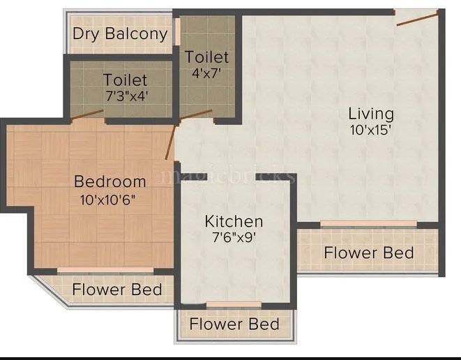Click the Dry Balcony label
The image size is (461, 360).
(120, 34)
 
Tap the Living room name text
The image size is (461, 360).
(371, 113)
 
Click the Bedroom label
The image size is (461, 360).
(110, 182)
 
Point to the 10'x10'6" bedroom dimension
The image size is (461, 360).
(107, 200)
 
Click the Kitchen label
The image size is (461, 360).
(234, 222)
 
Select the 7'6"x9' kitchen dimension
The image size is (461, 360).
(234, 238)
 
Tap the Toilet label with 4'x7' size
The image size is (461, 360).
(206, 57)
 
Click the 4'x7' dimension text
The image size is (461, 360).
(206, 72)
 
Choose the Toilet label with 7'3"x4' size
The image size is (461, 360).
(126, 80)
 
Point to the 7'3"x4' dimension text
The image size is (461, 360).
(126, 96)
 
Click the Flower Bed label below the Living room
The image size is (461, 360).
(368, 253)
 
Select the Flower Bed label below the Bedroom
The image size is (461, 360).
(117, 289)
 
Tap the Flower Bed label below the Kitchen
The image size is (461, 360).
(234, 324)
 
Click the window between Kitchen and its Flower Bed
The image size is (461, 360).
(234, 305)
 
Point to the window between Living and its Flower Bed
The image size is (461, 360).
(368, 224)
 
